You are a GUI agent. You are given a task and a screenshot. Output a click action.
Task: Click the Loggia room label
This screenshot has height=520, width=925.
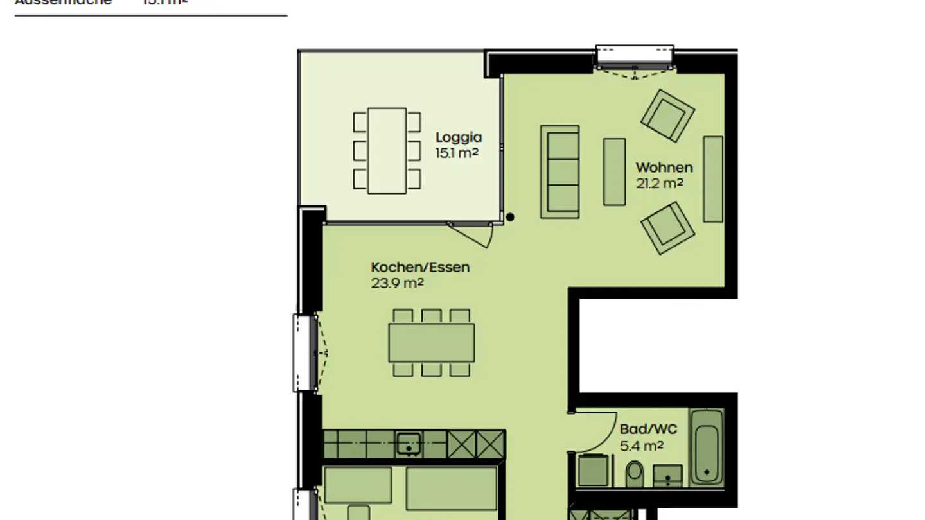tap(458, 137)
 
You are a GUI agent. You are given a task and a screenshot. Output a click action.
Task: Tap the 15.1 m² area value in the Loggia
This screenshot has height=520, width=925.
tap(457, 153)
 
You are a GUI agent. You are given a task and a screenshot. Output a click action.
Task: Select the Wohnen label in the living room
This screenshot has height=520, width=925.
tap(664, 168)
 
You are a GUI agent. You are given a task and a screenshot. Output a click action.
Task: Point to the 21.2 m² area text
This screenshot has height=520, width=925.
tap(659, 184)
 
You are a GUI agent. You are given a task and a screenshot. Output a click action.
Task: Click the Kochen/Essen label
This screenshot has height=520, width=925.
tap(420, 267)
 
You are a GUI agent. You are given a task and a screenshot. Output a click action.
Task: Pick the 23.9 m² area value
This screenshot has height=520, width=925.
tap(397, 283)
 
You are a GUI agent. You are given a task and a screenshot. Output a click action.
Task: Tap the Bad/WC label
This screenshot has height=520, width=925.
tap(648, 429)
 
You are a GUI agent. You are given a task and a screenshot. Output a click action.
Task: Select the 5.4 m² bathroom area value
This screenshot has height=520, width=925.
tap(641, 445)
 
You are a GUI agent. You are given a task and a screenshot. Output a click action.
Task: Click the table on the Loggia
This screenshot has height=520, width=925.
tap(387, 151)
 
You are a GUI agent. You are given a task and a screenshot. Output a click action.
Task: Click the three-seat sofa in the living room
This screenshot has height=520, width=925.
tap(559, 171)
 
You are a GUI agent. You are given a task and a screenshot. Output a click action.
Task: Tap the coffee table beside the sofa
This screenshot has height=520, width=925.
tap(613, 172)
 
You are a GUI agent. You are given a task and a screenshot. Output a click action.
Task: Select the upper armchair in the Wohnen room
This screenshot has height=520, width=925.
tap(667, 116)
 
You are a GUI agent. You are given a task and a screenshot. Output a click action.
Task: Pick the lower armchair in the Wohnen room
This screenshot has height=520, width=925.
tap(667, 228)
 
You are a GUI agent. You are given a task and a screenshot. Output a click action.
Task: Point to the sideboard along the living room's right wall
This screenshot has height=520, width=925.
tap(712, 179)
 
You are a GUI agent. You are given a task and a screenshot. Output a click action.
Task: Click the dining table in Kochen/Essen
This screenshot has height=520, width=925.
tap(431, 342)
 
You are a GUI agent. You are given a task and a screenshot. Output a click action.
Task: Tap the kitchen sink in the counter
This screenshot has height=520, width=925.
tap(409, 444)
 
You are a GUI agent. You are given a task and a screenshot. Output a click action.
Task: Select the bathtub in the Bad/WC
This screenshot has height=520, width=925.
tap(707, 447)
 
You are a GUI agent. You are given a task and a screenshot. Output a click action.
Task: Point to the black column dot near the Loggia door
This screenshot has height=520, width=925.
tap(510, 217)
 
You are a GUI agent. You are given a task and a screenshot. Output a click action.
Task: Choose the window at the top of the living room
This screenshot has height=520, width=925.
tap(634, 56)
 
